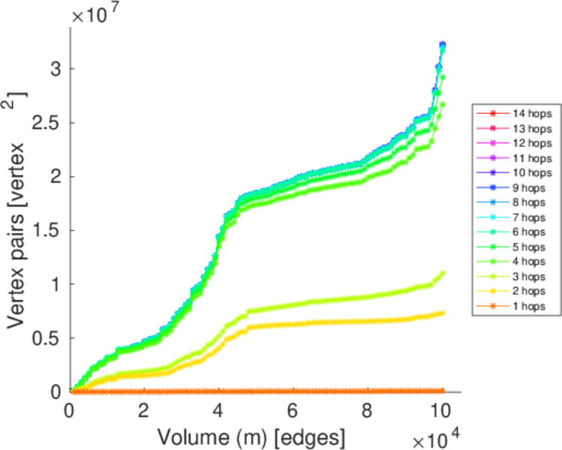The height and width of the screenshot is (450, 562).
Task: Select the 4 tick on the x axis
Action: click(x=218, y=411)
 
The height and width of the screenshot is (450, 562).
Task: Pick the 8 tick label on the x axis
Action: click(x=367, y=411)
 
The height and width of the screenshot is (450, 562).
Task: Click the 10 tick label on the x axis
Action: click(x=441, y=411)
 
